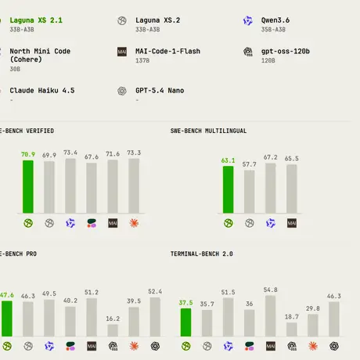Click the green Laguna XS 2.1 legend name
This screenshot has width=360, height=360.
(36, 20)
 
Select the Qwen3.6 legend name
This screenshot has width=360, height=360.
(275, 20)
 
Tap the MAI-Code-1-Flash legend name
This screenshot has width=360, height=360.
(167, 51)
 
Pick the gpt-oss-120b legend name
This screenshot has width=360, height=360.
(286, 52)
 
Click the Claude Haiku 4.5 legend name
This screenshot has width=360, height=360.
(42, 91)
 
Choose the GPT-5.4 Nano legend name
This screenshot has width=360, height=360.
(160, 91)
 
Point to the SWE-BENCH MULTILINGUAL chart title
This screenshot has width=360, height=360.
(208, 131)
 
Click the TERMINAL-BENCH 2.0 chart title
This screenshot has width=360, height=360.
(202, 254)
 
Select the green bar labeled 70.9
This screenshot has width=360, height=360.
(28, 187)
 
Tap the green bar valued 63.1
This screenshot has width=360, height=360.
(228, 189)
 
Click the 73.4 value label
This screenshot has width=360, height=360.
(70, 153)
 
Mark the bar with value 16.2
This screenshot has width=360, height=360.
(113, 330)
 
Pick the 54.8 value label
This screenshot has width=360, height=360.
(270, 290)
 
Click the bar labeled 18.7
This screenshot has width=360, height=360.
(291, 329)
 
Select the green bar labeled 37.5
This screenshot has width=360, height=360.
(185, 322)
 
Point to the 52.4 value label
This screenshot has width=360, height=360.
(155, 291)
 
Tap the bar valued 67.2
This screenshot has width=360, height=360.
(271, 189)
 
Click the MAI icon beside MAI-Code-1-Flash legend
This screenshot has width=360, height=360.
(122, 52)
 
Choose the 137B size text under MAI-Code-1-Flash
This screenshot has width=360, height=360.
(142, 60)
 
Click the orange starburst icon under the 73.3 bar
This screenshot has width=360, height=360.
(134, 223)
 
